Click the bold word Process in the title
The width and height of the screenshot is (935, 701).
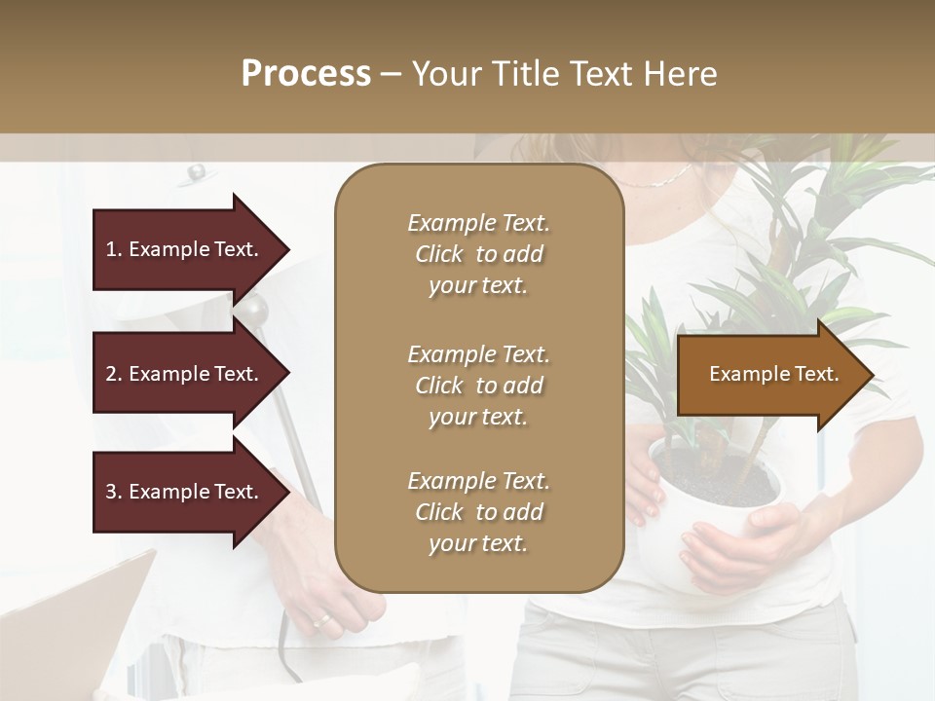coord(306,74)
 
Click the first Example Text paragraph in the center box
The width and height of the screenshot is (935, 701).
coord(478,254)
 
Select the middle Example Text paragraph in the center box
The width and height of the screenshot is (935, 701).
coord(478,385)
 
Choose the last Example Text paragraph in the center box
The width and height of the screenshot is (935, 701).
coord(478,512)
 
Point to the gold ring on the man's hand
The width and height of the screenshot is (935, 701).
coord(320,620)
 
